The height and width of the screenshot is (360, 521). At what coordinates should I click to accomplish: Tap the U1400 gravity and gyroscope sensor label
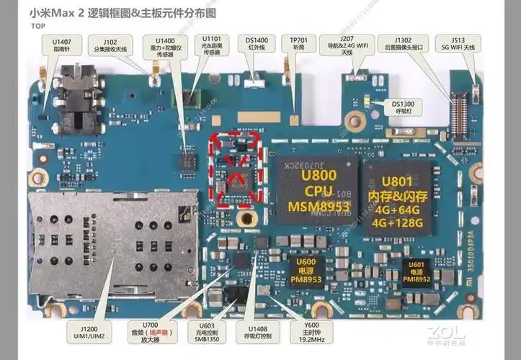166,47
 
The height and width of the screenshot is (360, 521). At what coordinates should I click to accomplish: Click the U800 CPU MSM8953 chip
316,187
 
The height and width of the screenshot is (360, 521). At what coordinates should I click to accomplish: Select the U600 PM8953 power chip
306,268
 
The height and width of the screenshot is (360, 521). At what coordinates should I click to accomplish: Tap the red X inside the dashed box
236,170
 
